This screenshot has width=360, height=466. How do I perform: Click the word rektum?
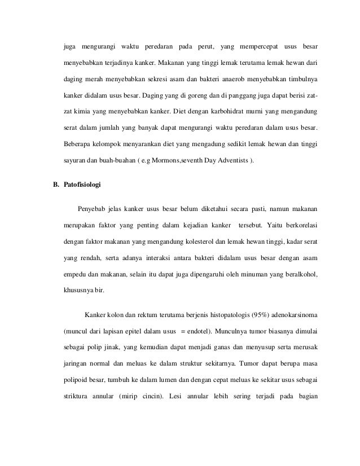coord(131,314)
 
